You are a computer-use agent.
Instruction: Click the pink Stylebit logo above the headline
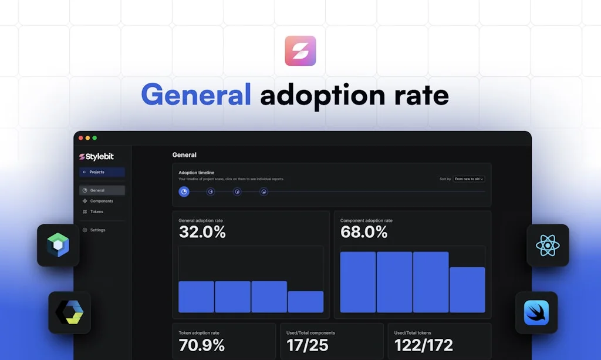[x=300, y=51]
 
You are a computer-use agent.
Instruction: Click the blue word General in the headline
[x=196, y=94]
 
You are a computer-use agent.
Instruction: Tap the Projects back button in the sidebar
[x=102, y=172]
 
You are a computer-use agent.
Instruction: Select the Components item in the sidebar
[x=102, y=201]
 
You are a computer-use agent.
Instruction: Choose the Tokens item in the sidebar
[x=96, y=211]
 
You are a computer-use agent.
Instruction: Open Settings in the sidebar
[x=97, y=230]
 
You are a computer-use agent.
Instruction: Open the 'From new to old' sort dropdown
[x=469, y=179]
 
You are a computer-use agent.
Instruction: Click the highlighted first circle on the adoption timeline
[x=184, y=191]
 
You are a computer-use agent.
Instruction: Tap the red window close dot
[x=81, y=138]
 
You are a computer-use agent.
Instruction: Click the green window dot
[x=94, y=138]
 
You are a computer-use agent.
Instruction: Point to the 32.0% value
[x=202, y=232]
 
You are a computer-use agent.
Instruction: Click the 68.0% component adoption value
[x=364, y=232]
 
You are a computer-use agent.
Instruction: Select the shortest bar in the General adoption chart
[x=305, y=302]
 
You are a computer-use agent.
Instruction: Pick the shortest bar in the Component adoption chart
[x=467, y=290]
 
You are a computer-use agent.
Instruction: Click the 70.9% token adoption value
[x=201, y=345]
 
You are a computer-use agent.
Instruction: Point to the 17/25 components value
[x=308, y=345]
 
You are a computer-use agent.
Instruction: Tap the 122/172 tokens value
[x=423, y=345]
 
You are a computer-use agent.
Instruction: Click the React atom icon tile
[x=548, y=245]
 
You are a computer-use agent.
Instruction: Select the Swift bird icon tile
[x=536, y=312]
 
